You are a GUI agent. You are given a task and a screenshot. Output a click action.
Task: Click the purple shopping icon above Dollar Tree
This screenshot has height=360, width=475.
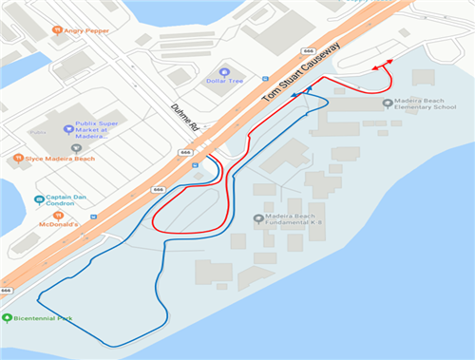(x=224, y=71)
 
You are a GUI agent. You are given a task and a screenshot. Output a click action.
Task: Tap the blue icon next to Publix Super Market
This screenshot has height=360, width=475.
(x=67, y=128)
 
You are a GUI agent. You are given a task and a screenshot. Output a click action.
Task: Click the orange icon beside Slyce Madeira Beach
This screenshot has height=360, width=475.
(x=18, y=158)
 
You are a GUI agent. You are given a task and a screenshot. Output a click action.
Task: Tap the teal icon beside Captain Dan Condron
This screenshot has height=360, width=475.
(x=39, y=199)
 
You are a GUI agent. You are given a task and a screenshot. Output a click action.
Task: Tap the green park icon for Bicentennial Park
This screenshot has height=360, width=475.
(x=8, y=317)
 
